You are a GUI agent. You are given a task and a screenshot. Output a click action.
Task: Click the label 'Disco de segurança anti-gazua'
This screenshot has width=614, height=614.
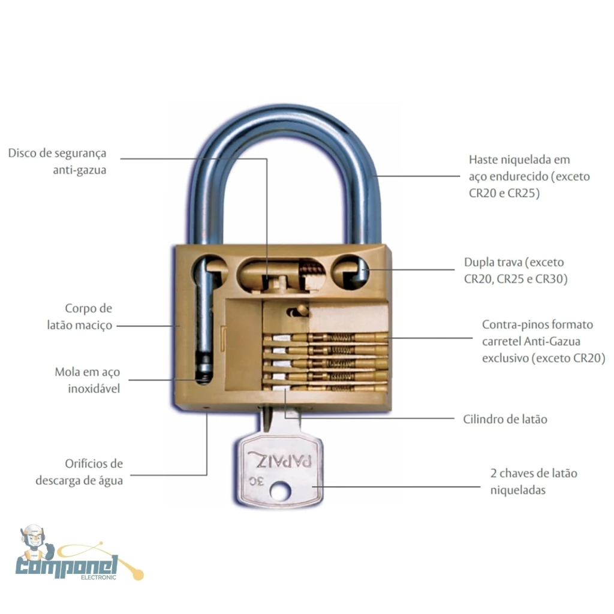pos(58,161)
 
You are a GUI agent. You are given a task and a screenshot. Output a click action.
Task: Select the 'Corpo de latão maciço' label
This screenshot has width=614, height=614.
pos(80,317)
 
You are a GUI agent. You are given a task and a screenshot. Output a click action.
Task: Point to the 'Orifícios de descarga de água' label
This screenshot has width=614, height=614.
pos(79,472)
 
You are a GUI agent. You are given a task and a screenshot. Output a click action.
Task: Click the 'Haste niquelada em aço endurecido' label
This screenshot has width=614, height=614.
pos(529,177)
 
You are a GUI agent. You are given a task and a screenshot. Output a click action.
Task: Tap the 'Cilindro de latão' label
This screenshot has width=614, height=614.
pos(505,419)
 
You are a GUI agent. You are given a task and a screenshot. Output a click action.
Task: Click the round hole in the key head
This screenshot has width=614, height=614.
pos(279,492)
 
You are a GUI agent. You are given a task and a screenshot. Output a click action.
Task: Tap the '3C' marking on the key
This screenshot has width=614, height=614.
pos(255,480)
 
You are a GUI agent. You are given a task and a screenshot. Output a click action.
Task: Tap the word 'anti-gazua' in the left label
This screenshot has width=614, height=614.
pos(80,170)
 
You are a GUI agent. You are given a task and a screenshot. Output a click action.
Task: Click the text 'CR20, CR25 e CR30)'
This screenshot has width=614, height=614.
pos(515,279)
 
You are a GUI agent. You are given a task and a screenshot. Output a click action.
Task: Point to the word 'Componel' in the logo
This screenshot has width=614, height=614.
pos(67,565)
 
